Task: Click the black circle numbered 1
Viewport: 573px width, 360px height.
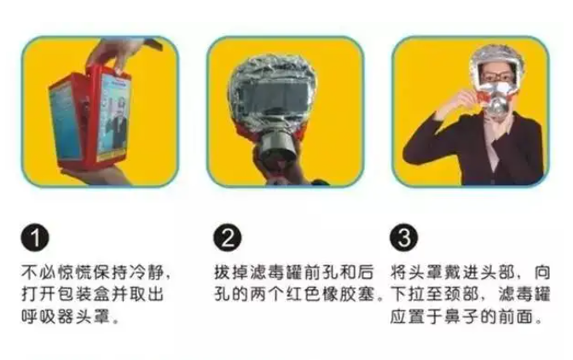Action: (x=33, y=239)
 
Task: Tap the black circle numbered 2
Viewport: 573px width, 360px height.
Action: (x=225, y=239)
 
